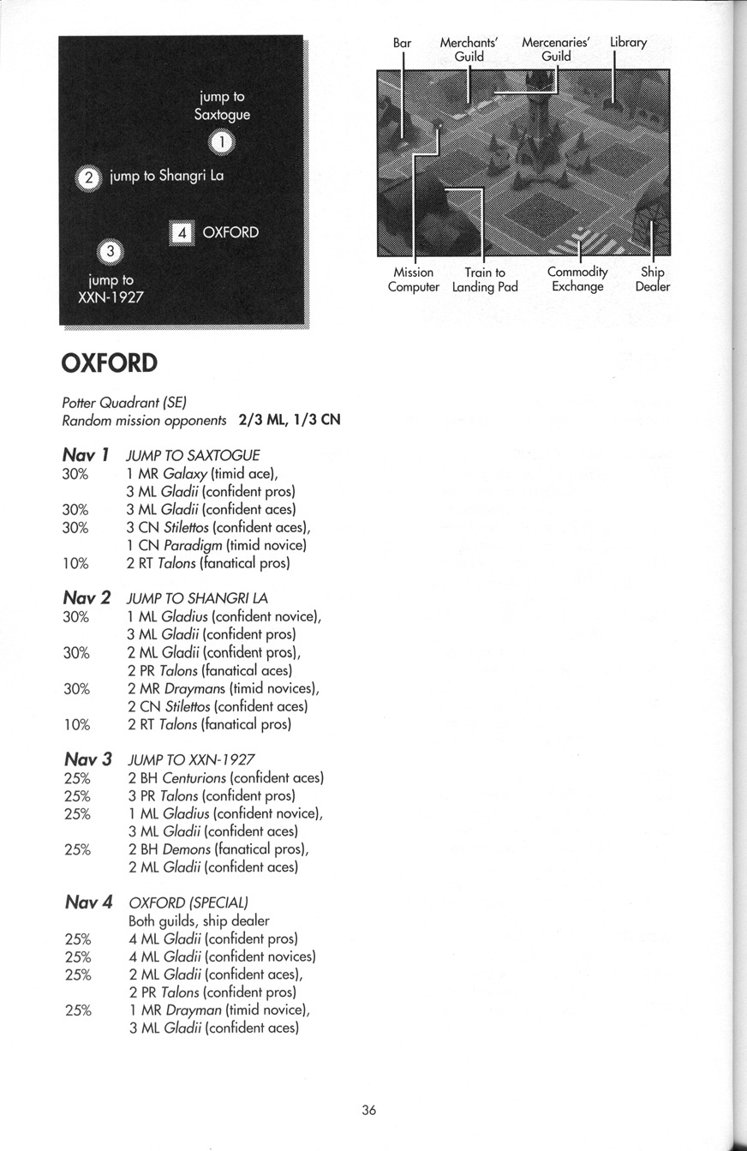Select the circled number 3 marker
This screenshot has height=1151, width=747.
click(x=111, y=252)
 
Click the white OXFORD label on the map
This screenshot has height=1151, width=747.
click(x=230, y=233)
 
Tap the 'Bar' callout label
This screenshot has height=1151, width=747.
click(x=402, y=43)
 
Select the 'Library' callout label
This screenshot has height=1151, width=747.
click(x=628, y=42)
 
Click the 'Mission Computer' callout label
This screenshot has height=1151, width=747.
click(x=413, y=280)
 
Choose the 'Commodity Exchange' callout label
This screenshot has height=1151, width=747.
click(x=577, y=280)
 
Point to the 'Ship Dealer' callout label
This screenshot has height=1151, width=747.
click(x=652, y=280)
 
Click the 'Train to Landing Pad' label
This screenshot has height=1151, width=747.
click(x=485, y=280)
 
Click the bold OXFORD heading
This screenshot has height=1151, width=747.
click(x=109, y=363)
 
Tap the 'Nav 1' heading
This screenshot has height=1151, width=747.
click(x=86, y=454)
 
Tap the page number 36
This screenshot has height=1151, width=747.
click(x=369, y=1110)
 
